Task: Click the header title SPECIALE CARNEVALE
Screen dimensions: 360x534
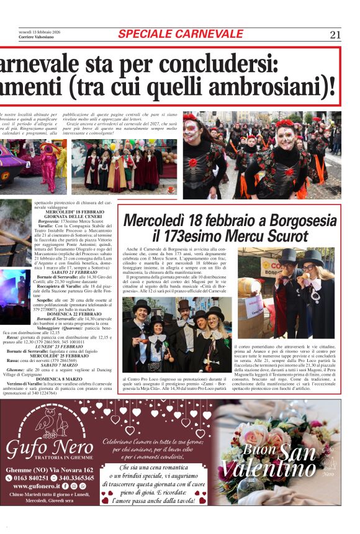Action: coord(181,34)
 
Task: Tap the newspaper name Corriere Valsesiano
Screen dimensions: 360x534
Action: coord(36,37)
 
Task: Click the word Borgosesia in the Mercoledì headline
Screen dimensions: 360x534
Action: coord(302,221)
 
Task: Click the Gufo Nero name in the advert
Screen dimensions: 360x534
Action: coord(50,446)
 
